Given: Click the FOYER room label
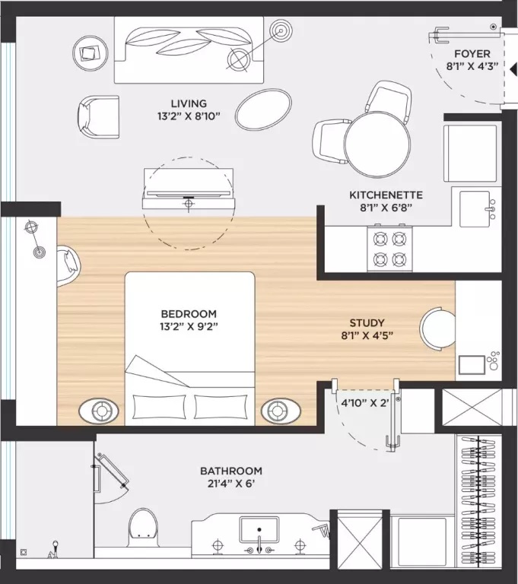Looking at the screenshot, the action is [x=472, y=54].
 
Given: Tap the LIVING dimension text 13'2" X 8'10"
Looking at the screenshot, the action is [x=189, y=116].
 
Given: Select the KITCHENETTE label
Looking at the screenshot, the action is [x=386, y=195].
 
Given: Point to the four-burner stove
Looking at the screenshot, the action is [x=389, y=249].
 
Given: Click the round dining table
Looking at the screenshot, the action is [x=377, y=144].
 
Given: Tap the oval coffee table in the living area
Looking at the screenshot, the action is [x=263, y=109].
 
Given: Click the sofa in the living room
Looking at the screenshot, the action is [x=189, y=49].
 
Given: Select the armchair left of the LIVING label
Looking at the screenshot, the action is [x=99, y=117].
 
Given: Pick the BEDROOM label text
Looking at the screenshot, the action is [x=189, y=313].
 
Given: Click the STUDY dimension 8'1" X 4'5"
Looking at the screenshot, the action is [x=367, y=335].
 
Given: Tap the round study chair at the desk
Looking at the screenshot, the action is [x=437, y=328].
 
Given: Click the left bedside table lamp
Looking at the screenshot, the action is [x=99, y=411].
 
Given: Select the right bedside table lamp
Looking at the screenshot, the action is [x=281, y=411].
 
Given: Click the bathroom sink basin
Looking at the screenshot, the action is [x=259, y=529].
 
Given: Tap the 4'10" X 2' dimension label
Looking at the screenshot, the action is [x=365, y=402].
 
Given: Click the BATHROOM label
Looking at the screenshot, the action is [x=231, y=471].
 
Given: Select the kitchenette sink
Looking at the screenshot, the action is [x=475, y=209].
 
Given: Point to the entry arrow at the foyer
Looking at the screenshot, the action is [x=513, y=69].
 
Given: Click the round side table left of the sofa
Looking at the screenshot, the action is [x=91, y=53].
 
